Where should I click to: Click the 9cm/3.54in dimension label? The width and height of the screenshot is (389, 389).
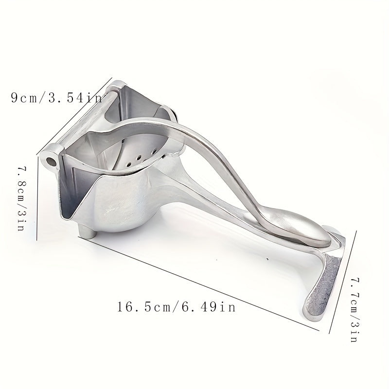56,98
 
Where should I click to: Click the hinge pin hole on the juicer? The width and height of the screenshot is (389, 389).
50,159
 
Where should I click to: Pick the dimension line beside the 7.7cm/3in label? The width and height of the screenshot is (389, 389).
344,282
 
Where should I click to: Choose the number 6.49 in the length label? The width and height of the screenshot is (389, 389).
206,307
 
